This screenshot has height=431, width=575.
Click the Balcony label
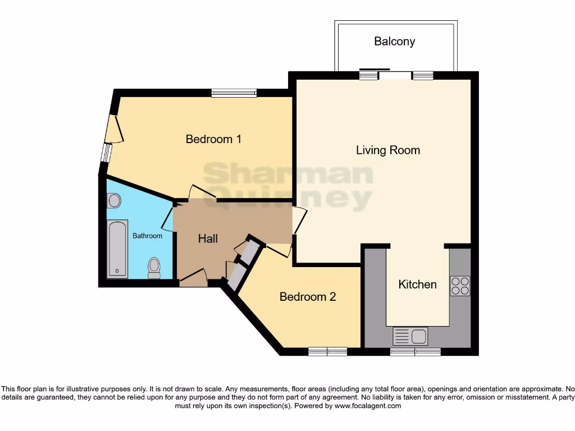click(394, 42)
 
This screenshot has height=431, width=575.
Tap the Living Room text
click(387, 150)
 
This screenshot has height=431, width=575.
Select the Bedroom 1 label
click(213, 139)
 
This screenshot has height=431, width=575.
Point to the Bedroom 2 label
click(307, 297)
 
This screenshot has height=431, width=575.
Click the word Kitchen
click(417, 285)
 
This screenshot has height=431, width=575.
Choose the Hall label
click(208, 239)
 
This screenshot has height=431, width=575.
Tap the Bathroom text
click(147, 236)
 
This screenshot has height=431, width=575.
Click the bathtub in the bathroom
click(117, 249)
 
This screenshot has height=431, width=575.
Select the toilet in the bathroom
click(153, 269)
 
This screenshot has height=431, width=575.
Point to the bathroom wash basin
click(114, 200)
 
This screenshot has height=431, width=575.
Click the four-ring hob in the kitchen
click(460, 286)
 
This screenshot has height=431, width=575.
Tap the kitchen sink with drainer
click(410, 336)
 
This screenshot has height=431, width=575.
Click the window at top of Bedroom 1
click(234, 93)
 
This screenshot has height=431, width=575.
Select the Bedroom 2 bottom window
click(327, 352)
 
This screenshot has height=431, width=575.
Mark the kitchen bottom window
click(416, 352)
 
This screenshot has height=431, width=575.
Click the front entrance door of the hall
click(193, 277)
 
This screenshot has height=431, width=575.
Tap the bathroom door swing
click(167, 219)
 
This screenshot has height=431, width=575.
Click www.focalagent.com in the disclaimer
click(367, 406)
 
